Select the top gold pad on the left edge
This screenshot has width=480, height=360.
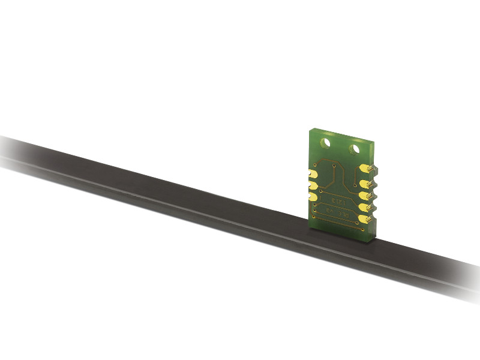[x=314, y=175]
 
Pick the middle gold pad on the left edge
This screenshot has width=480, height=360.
[x=313, y=185]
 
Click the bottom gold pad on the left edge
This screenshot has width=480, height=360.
[x=313, y=196]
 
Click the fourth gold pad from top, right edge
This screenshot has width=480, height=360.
[x=364, y=206]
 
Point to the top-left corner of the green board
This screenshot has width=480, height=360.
[x=310, y=130]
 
